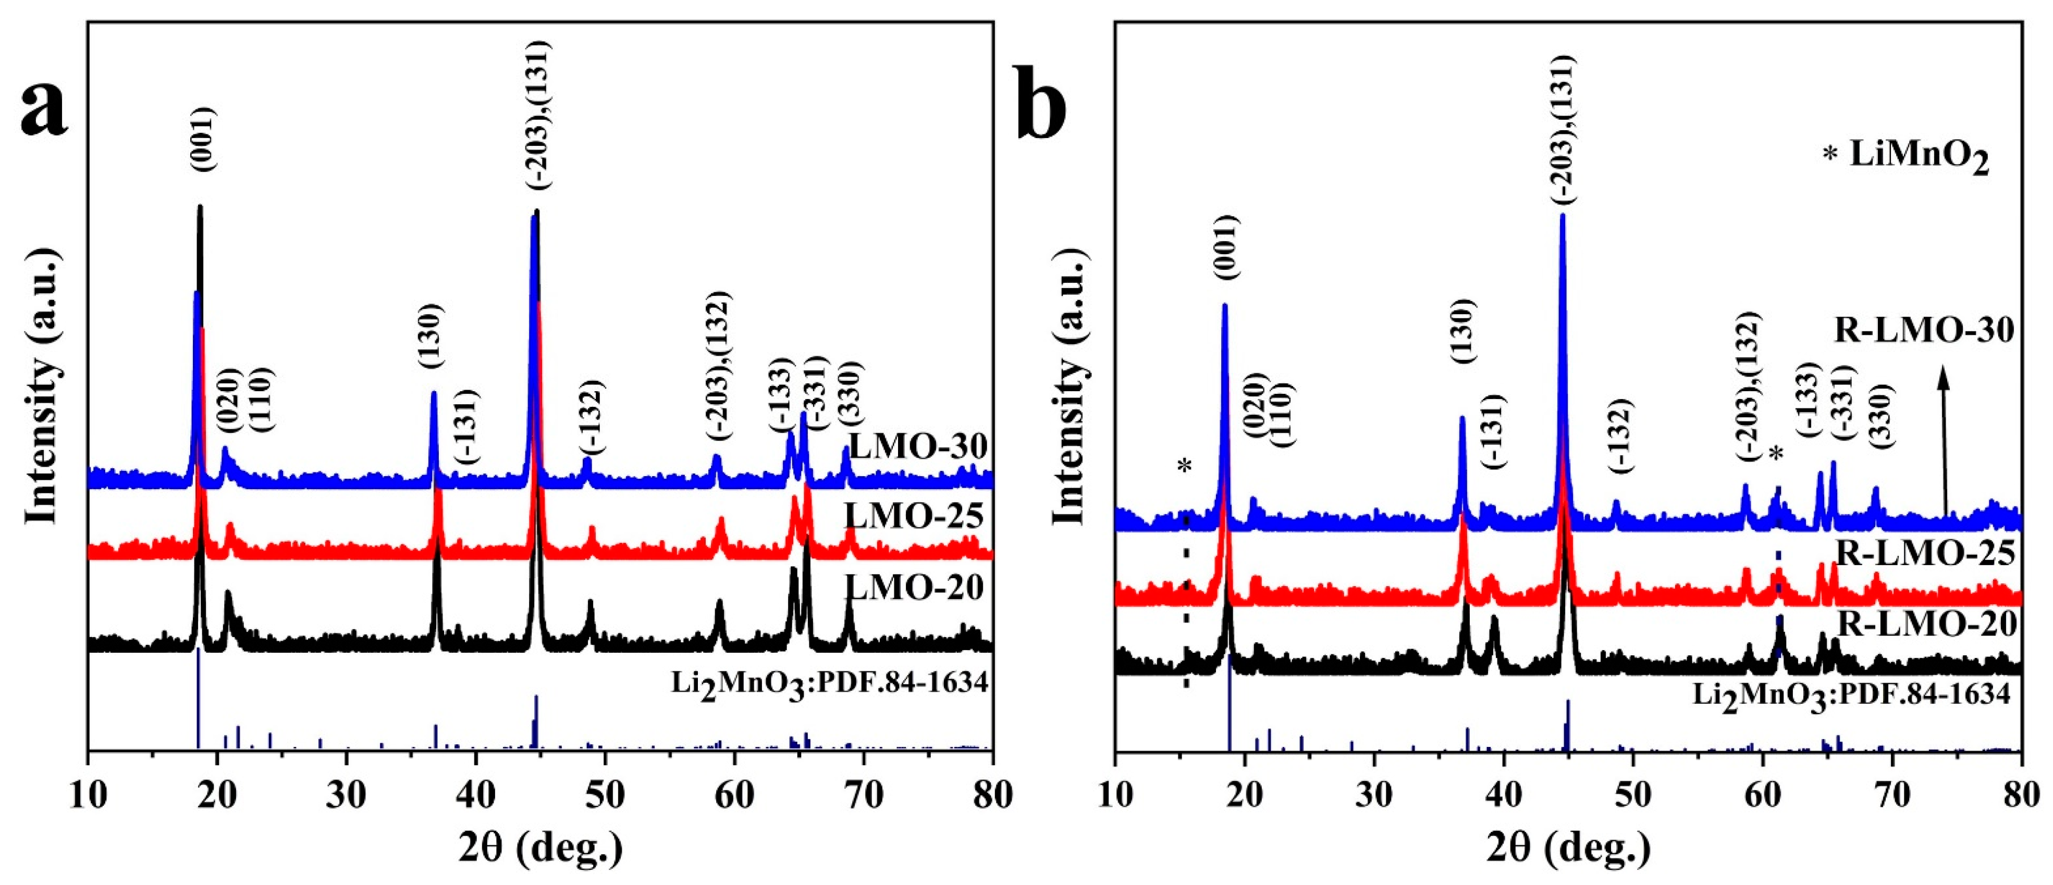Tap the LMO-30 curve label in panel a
coord(918,446)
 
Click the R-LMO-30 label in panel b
coord(1924,330)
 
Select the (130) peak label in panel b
coord(1463,331)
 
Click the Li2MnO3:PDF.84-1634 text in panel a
coord(829,683)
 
